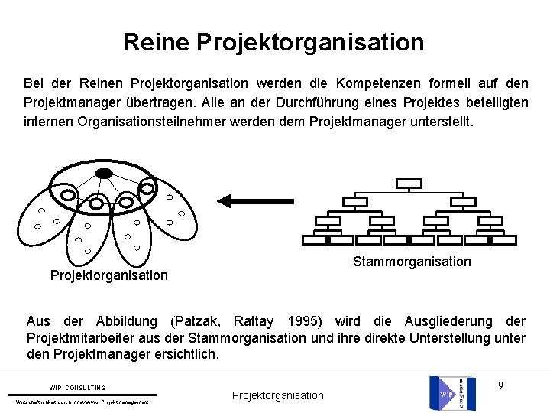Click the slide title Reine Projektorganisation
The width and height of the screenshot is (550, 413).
coord(273,42)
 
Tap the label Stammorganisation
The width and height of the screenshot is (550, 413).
coord(412,262)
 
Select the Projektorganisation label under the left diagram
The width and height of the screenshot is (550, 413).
coord(108,275)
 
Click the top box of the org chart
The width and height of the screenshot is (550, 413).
coord(409,184)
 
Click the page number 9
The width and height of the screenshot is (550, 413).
coord(500,385)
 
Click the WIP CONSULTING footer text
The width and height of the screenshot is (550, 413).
coord(78,388)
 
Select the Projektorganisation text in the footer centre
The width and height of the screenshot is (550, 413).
coord(277,395)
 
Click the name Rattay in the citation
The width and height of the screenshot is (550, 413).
coord(256,321)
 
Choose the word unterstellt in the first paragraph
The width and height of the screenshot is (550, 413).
coord(442,121)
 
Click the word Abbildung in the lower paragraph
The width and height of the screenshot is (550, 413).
coord(127,321)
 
